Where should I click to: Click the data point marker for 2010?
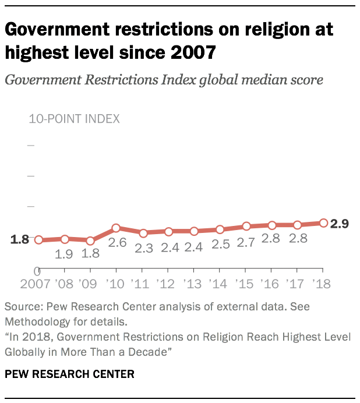point(116,228)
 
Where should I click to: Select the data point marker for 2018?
point(323,222)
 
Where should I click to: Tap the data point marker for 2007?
point(38,240)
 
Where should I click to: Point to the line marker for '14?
point(220,229)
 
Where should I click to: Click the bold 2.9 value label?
point(340,224)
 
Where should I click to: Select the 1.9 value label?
point(64,254)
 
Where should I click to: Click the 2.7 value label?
point(245,242)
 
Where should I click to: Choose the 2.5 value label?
point(220,245)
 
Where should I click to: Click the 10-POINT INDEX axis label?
point(74,119)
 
